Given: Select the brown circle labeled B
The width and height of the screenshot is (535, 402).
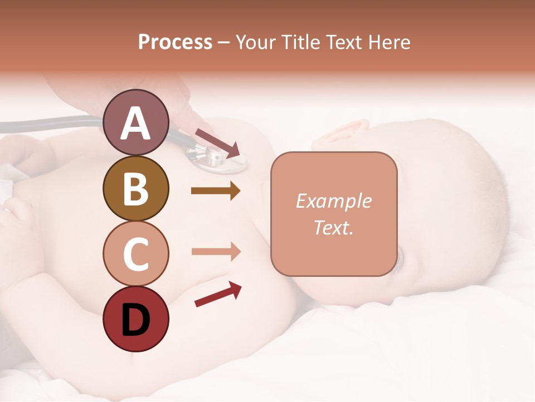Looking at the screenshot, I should (x=136, y=188).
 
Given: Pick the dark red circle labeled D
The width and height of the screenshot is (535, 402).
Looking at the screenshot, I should (x=136, y=319).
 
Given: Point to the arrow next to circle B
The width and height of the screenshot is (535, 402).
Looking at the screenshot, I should (x=216, y=191).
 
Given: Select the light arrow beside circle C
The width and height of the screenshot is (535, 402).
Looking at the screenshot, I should (x=216, y=252).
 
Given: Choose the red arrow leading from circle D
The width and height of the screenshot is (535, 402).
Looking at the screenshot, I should (x=218, y=294).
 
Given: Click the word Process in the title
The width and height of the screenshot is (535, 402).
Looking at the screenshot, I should (x=175, y=42).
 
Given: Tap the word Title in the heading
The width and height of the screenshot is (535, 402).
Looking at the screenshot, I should (x=300, y=42).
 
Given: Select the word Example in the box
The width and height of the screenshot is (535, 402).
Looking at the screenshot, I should (x=333, y=201).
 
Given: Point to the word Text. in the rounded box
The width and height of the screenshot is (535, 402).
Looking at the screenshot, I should (x=333, y=227).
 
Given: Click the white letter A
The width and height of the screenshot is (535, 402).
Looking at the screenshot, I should (x=136, y=123).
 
